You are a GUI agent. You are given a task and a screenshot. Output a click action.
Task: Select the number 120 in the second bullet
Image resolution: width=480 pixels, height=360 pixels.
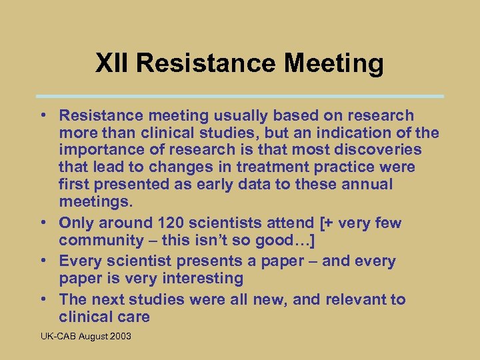(x=172, y=223)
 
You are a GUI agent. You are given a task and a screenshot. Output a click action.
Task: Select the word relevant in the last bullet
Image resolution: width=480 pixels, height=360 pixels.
(x=355, y=299)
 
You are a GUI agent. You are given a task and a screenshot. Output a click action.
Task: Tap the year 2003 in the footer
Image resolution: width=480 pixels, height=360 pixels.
(x=119, y=336)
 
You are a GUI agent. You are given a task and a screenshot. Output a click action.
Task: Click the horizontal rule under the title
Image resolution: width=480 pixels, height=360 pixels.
(x=240, y=96)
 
